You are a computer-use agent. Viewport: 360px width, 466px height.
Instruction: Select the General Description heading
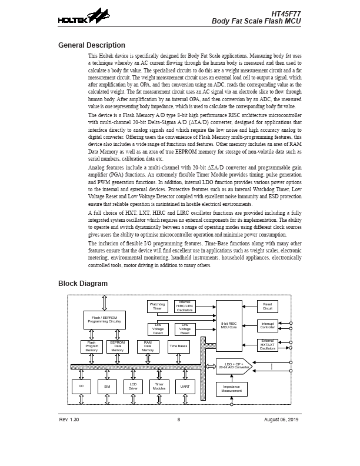pos(92,45)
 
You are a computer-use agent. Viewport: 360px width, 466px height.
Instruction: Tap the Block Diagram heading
pos(83,284)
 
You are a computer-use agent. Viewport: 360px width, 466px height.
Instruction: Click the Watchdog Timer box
pos(157,307)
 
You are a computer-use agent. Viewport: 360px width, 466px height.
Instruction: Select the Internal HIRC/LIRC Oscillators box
pos(185,307)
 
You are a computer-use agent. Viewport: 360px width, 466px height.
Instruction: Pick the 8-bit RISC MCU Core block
pos(229,325)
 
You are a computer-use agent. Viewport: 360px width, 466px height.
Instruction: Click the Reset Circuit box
pos(268,307)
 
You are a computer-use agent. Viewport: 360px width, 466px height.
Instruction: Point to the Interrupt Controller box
pos(268,325)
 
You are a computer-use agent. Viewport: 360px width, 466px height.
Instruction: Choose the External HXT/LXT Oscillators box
pos(268,345)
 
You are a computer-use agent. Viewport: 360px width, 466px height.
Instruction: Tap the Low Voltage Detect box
pos(158,329)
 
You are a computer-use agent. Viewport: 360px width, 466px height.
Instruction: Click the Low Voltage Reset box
pos(185,329)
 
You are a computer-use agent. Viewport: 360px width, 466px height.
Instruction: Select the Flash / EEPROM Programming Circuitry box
pos(105,320)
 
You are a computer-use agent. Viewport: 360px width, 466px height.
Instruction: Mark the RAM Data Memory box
pos(148,347)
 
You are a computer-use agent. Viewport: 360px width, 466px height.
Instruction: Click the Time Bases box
pos(179,347)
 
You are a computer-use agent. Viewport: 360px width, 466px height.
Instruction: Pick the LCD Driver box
pos(133,387)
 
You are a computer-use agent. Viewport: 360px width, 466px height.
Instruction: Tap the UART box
pos(185,387)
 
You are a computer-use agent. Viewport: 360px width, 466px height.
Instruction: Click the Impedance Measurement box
pos(231,389)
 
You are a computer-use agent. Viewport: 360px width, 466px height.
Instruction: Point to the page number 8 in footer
pos(178,419)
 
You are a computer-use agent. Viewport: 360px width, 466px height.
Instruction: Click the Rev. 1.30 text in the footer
pos(69,419)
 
